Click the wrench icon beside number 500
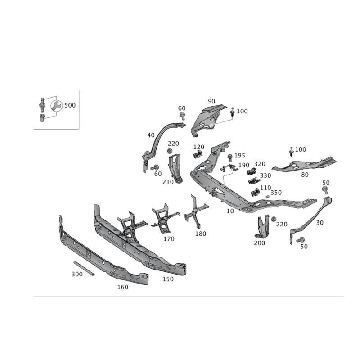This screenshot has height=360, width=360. pyautogui.click(x=56, y=106)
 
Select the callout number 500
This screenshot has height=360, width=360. pyautogui.click(x=70, y=105)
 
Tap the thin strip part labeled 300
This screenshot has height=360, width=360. pyautogui.click(x=84, y=268)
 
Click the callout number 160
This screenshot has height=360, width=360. pyautogui.click(x=123, y=287)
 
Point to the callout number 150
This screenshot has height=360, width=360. pyautogui.click(x=168, y=279)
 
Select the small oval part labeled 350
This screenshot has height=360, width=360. pyautogui.click(x=268, y=197)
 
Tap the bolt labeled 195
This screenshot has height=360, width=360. pyautogui.click(x=230, y=158)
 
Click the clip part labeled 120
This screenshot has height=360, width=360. pyautogui.click(x=198, y=154)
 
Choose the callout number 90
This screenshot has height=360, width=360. pyautogui.click(x=211, y=101)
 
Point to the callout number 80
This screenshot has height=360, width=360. pyautogui.click(x=305, y=175)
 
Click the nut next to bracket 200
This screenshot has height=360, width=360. pyautogui.click(x=274, y=219)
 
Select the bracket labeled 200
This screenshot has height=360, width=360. pyautogui.click(x=263, y=227)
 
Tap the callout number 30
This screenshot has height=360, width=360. pyautogui.click(x=320, y=223)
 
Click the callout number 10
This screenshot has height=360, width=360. pyautogui.click(x=230, y=211)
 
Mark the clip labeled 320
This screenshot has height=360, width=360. pyautogui.click(x=252, y=171)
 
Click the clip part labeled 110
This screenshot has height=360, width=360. pyautogui.click(x=255, y=193)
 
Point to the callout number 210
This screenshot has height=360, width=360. pyautogui.click(x=168, y=182)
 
